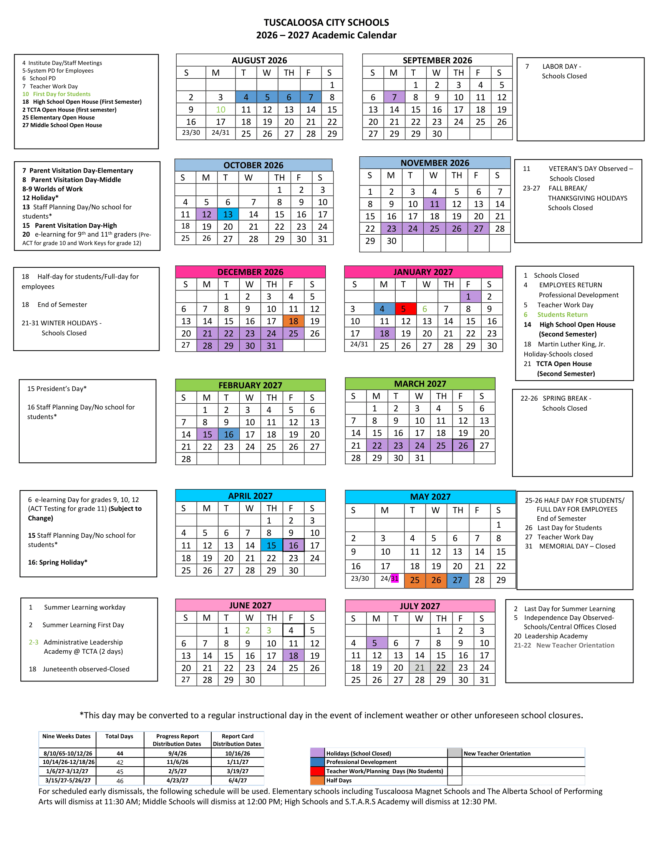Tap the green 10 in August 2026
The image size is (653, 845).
pyautogui.click(x=220, y=109)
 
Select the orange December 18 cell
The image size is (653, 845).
pyautogui.click(x=293, y=321)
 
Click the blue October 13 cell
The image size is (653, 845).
pyautogui.click(x=228, y=214)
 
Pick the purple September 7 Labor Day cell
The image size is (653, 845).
pyautogui.click(x=394, y=97)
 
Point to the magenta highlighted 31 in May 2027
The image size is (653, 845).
pyautogui.click(x=394, y=578)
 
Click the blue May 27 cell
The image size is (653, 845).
pyautogui.click(x=457, y=580)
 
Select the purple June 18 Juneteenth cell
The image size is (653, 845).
pyautogui.click(x=293, y=655)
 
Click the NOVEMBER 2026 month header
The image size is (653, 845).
pyautogui.click(x=435, y=163)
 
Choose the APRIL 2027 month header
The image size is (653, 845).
pyautogui.click(x=250, y=495)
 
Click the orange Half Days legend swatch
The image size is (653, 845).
pyautogui.click(x=317, y=780)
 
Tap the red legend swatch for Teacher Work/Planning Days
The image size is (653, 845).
pyautogui.click(x=317, y=771)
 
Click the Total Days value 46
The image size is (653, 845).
pyautogui.click(x=120, y=781)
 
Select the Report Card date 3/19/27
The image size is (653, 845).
pyautogui.click(x=237, y=771)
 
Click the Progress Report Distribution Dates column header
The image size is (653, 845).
pyautogui.click(x=177, y=740)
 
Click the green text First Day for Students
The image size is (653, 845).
pyautogui.click(x=61, y=94)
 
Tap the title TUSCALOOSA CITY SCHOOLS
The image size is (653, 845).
pyautogui.click(x=326, y=22)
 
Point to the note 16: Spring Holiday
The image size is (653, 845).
pyautogui.click(x=58, y=562)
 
